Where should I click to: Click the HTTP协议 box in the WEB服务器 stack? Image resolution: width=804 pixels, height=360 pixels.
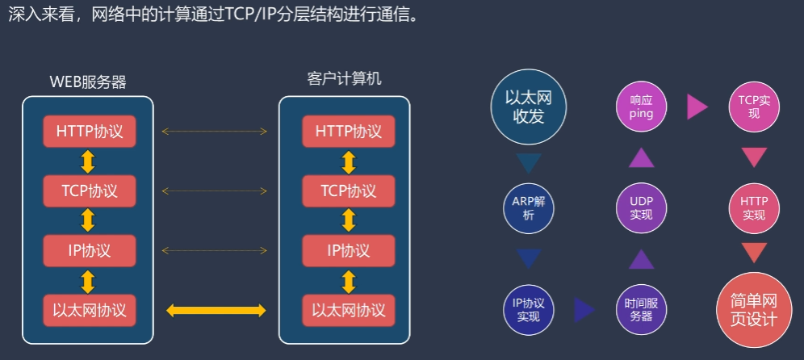pyautogui.click(x=90, y=131)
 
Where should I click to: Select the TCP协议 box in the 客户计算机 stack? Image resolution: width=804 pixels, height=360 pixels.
pyautogui.click(x=349, y=191)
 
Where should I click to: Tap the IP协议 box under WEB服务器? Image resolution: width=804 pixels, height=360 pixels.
pyautogui.click(x=90, y=251)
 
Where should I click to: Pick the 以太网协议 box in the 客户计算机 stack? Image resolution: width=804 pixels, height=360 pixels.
pyautogui.click(x=349, y=311)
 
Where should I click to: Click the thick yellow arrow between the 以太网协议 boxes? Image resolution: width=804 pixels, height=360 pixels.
pyautogui.click(x=216, y=311)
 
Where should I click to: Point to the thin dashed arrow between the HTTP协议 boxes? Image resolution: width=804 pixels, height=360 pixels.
pyautogui.click(x=215, y=131)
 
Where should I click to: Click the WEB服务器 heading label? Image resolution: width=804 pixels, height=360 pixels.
pyautogui.click(x=88, y=82)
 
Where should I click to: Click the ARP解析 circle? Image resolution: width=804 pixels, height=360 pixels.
pyautogui.click(x=529, y=207)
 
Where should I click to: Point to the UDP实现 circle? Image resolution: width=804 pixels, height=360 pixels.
pyautogui.click(x=642, y=207)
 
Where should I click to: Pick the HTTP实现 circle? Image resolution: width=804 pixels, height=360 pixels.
pyautogui.click(x=754, y=207)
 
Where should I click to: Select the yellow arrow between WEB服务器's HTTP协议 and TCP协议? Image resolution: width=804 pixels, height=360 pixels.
pyautogui.click(x=89, y=161)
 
